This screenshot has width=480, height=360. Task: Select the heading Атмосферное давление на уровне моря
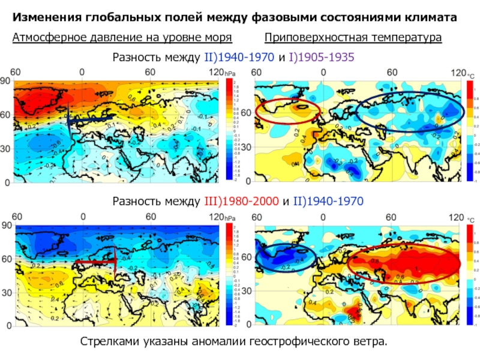pyautogui.click(x=122, y=38)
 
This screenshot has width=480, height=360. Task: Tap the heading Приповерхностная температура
pyautogui.click(x=353, y=38)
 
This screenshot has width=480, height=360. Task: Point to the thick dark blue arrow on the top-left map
pyautogui.click(x=90, y=120)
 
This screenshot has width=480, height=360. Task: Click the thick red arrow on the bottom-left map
pyautogui.click(x=96, y=262)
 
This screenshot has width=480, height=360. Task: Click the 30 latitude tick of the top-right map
pyautogui.click(x=246, y=148)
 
